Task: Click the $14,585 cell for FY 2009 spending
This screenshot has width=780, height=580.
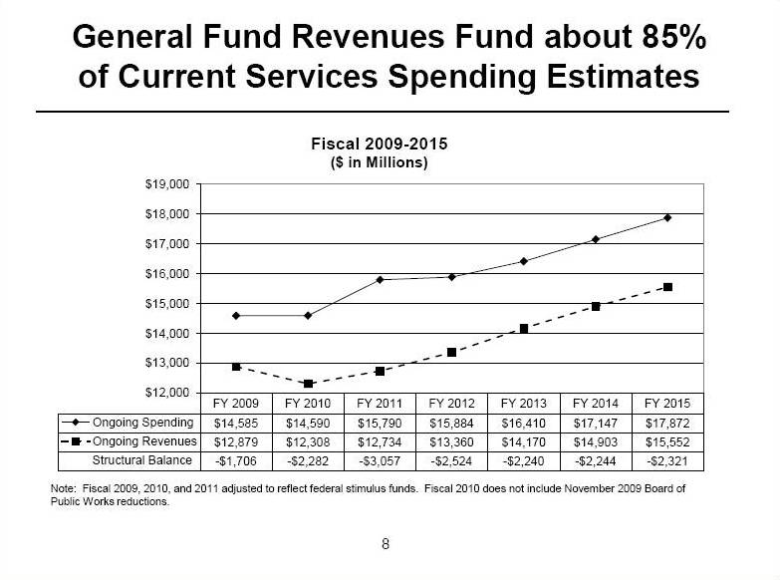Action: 236,423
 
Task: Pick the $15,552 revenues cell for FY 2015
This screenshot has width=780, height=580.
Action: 666,441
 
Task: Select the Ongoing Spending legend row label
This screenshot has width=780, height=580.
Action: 142,423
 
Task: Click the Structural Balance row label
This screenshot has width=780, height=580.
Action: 142,460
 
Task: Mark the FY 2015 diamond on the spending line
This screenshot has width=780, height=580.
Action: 667,217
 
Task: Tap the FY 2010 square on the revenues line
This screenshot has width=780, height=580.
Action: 308,384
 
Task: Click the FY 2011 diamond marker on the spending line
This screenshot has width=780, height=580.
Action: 380,279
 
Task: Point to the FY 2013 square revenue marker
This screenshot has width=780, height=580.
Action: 523,328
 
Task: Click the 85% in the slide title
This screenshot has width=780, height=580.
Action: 668,38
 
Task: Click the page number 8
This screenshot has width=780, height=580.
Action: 386,543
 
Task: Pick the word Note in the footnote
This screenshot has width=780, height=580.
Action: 63,488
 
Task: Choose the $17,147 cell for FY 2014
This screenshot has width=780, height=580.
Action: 595,423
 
